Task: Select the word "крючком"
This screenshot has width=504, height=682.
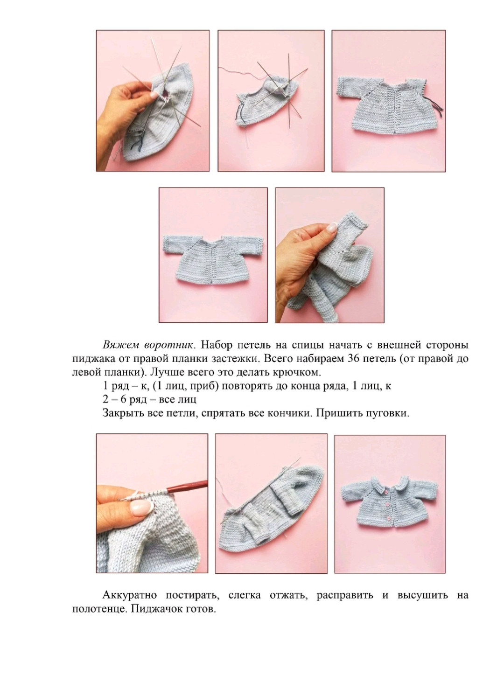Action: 301,373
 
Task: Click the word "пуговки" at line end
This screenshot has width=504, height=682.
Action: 392,413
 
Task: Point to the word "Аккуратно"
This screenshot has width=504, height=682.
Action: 128,596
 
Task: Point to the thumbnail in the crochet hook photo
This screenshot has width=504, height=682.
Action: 142,506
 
